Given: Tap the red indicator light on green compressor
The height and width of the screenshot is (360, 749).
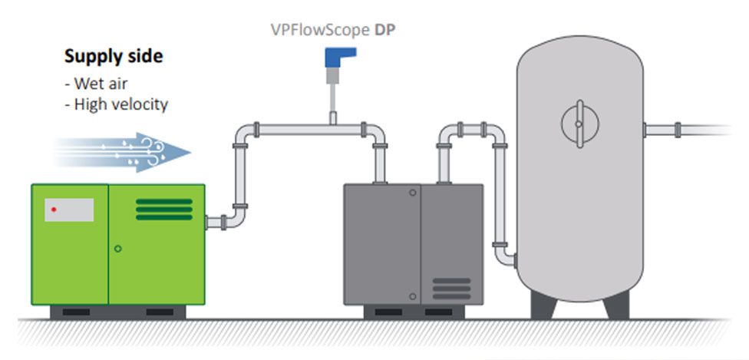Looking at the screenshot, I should [54, 209].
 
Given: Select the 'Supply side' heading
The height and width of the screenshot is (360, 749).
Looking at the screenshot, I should [113, 57].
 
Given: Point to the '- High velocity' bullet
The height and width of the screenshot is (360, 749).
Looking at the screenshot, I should [116, 104].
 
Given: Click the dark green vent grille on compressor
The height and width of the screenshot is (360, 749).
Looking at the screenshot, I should [164, 209].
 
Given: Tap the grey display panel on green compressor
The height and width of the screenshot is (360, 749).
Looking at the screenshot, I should [69, 210].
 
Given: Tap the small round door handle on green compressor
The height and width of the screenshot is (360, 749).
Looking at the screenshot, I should [117, 248].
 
